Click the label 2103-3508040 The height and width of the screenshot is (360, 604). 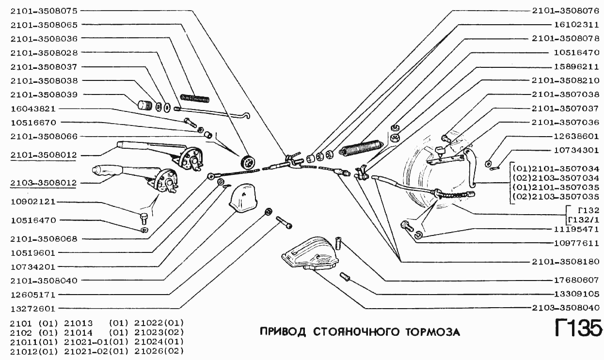click(x=565, y=308)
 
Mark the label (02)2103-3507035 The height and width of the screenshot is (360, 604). click(x=556, y=197)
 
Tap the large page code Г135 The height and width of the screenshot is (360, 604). click(x=577, y=329)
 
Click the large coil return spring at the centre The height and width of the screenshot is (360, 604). click(x=363, y=147)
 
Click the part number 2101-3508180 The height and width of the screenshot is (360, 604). click(x=565, y=262)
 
